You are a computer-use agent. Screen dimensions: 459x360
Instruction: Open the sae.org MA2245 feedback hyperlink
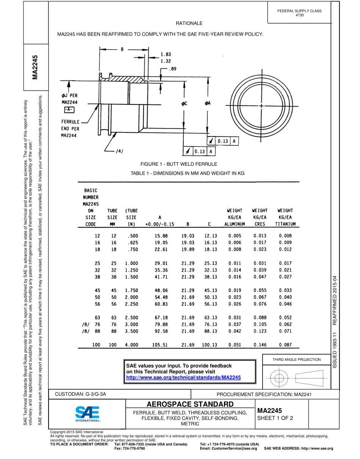[x=183, y=378]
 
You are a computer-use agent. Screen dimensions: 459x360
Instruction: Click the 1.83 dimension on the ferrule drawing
[x=166, y=54]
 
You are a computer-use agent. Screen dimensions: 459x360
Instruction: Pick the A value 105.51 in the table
[x=159, y=345]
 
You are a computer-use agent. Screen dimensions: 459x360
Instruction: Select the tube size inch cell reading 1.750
[x=131, y=290]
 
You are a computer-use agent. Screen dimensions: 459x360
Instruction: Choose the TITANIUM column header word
[x=285, y=224]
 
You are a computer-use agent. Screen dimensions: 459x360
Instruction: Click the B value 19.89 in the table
[x=188, y=249]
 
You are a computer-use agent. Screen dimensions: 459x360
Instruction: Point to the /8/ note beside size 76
[x=86, y=324]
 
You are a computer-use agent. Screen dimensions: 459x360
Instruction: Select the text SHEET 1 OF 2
[x=275, y=418]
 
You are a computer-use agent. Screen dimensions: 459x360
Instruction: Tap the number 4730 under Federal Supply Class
[x=299, y=15]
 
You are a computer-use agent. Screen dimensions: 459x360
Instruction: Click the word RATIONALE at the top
[x=189, y=23]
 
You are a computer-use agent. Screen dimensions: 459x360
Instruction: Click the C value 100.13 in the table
[x=209, y=345]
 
